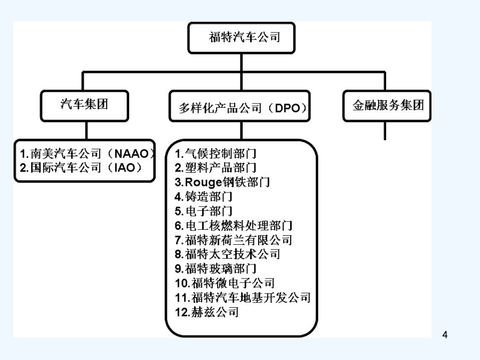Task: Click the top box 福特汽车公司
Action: tap(241, 38)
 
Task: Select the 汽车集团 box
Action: tap(84, 106)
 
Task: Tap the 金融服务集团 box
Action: tap(387, 106)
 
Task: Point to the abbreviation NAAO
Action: tap(132, 154)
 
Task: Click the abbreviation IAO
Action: tap(125, 168)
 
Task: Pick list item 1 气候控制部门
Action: tap(215, 154)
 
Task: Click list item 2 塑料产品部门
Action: tap(215, 168)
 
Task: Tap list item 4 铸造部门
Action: tap(204, 196)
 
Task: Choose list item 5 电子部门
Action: tap(204, 211)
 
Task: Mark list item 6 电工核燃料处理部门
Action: tap(234, 226)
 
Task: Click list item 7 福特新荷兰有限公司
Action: tap(234, 240)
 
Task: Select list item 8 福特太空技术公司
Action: tap(227, 254)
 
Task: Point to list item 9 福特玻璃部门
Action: tap(215, 269)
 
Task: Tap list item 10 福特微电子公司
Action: tap(225, 283)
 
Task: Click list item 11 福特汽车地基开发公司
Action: tap(243, 298)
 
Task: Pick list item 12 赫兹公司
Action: tap(207, 312)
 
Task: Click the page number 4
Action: tap(445, 334)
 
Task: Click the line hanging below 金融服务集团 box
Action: tap(385, 131)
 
